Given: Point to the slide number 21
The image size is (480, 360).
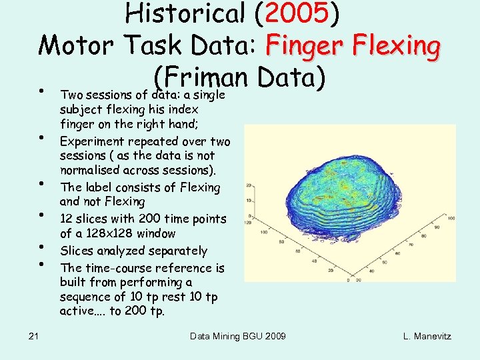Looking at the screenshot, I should [x=33, y=336].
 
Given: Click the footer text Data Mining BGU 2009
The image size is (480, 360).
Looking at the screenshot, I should [x=239, y=336].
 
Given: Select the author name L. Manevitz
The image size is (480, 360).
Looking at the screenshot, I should [x=427, y=336].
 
